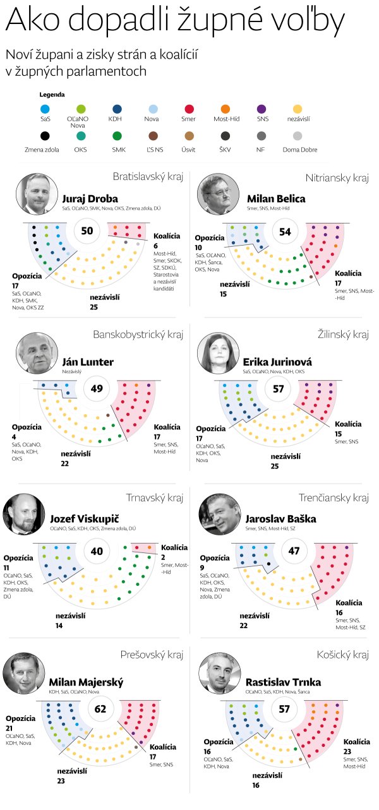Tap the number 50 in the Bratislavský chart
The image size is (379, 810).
87,230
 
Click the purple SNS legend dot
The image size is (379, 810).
262,109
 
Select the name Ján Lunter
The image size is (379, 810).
88,362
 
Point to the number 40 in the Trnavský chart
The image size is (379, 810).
97,551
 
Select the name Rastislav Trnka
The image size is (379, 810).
283,682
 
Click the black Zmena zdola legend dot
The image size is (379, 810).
44,135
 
